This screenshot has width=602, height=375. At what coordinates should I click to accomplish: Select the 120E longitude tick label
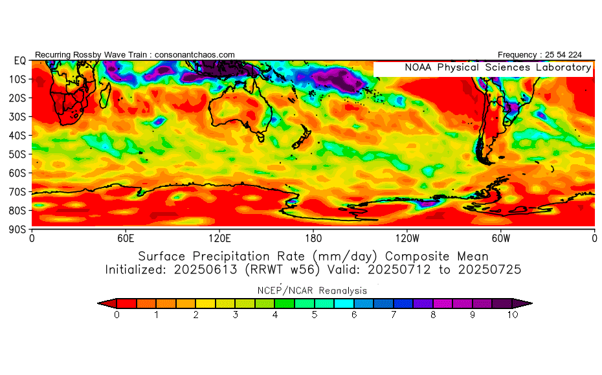coord(219,238)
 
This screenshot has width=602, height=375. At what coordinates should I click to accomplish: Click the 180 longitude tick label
coord(313,238)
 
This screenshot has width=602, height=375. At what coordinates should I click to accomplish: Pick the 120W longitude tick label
coord(407,238)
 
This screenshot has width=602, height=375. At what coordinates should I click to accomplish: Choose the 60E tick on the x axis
coord(126,238)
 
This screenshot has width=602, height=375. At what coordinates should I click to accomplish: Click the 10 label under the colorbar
coord(512,316)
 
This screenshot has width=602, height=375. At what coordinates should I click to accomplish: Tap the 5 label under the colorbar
coord(315,316)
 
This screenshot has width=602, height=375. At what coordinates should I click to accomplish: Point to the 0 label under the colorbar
coord(117,316)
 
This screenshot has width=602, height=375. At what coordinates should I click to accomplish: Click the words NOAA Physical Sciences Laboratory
coord(497,68)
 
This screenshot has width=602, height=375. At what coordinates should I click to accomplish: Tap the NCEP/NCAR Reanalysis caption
coord(313,290)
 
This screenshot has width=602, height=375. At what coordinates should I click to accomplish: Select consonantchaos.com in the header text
coord(195,55)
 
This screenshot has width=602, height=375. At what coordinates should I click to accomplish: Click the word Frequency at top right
coord(518,55)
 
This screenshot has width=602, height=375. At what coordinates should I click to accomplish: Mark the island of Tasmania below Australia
coord(261,136)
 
